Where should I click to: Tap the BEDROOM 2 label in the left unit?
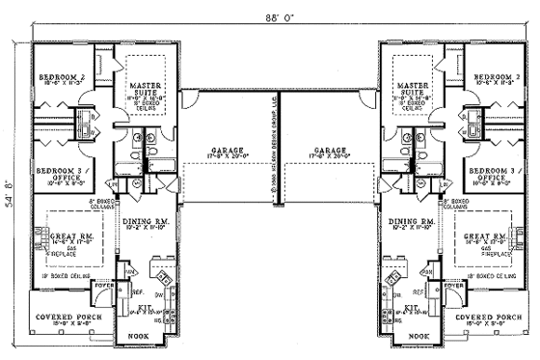pos(59,76)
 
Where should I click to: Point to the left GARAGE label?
pos(229,152)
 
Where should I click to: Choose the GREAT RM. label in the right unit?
pos(485,235)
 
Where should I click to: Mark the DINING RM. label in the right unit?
pos(412,222)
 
